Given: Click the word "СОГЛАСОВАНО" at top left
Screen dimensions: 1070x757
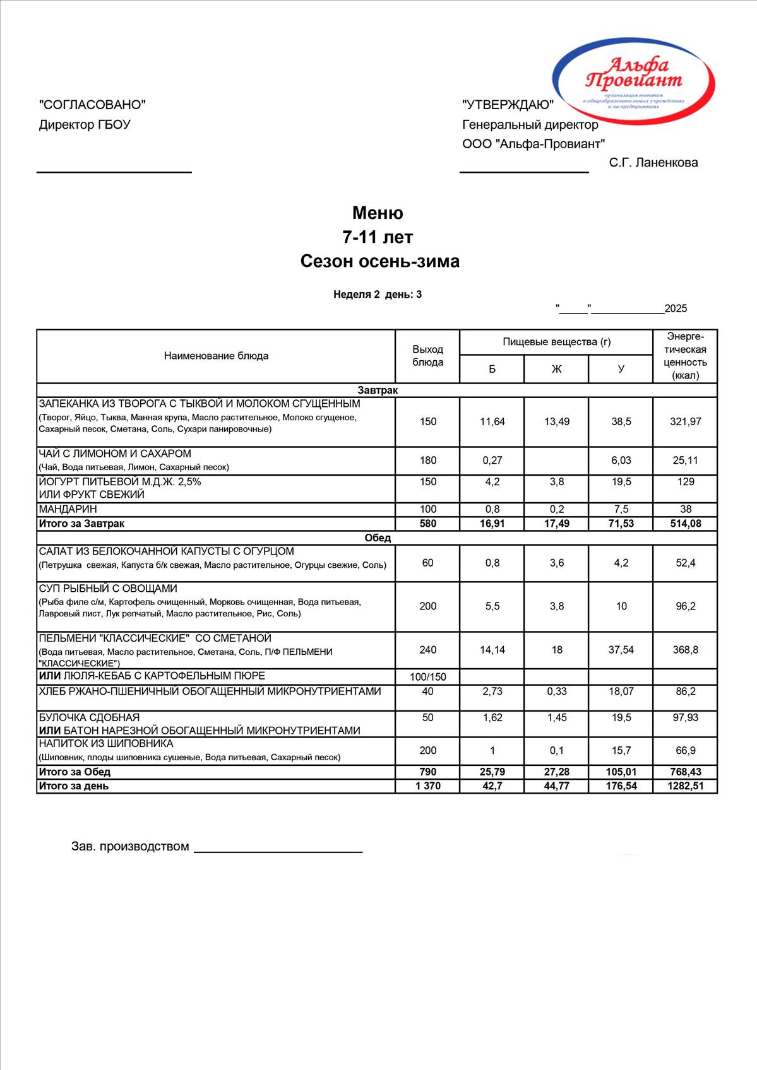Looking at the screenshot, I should [x=92, y=105].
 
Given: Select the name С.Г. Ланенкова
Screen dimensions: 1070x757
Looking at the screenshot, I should [x=653, y=163].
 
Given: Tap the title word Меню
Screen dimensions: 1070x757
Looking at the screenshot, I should [x=378, y=213].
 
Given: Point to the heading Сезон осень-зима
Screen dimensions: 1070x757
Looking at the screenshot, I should [x=379, y=261].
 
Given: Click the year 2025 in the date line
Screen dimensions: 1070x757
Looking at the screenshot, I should [x=676, y=309].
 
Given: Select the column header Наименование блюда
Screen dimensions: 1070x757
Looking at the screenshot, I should [x=216, y=356].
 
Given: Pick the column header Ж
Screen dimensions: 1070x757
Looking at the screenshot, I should [x=556, y=369].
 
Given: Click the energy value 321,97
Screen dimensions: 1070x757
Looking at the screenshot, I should [x=685, y=421].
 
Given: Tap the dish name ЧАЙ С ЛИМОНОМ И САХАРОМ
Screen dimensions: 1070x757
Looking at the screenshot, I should [x=115, y=454].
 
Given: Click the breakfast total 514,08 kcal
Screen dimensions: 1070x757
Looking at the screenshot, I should [x=685, y=524].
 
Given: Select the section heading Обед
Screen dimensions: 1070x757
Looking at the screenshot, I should [x=378, y=538].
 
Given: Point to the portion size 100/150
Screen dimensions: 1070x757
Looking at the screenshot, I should [x=427, y=677].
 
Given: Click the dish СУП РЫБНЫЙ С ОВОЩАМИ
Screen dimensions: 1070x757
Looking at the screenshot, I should [x=108, y=589].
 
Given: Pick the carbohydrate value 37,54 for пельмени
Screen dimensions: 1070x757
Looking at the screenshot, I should [x=621, y=650].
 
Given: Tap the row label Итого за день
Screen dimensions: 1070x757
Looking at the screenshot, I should [x=74, y=786].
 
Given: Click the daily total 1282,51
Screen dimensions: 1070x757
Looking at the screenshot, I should [x=685, y=786].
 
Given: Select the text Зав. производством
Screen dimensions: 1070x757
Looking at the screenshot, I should [x=130, y=847].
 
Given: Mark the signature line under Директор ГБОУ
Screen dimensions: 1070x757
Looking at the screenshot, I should [x=114, y=172].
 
